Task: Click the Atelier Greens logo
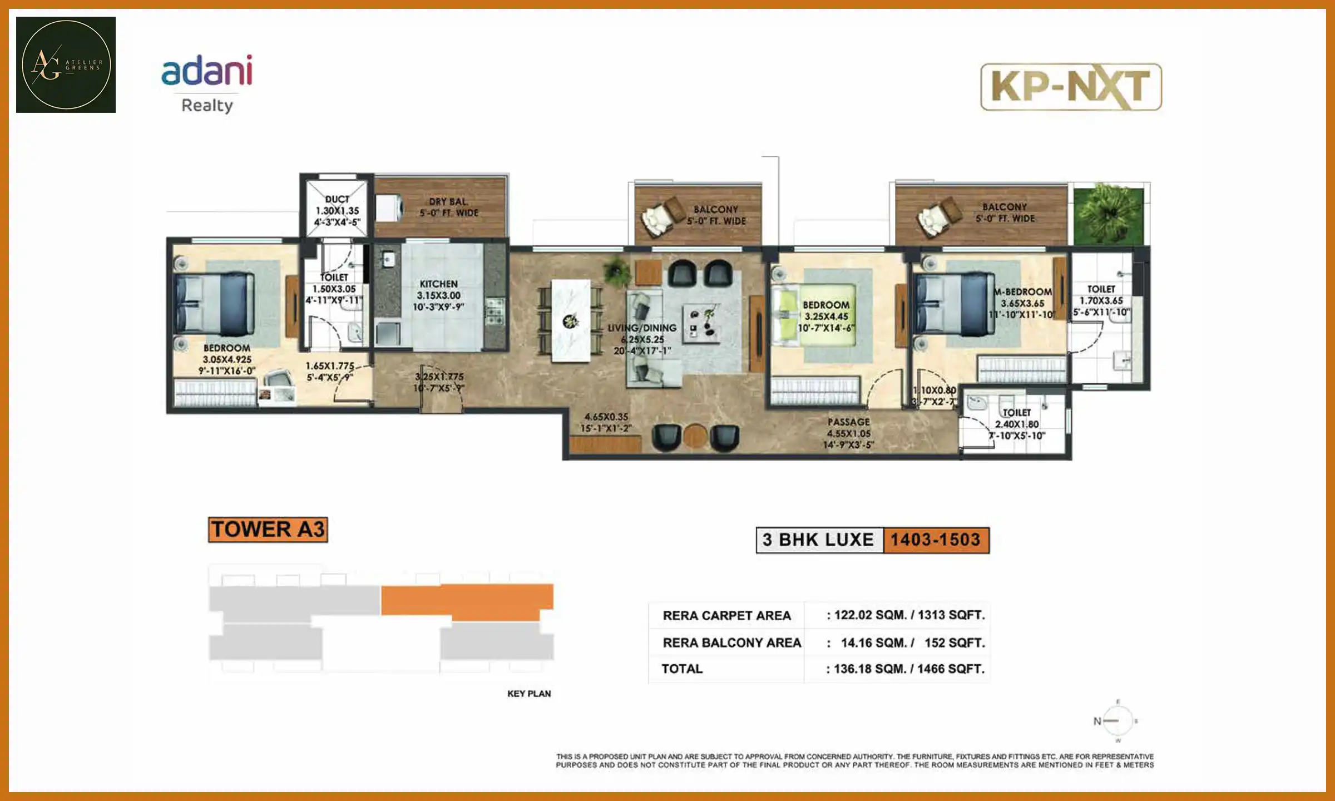[x=66, y=65]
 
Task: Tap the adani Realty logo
[x=207, y=83]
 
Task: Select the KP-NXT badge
[x=1070, y=87]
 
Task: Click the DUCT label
[x=337, y=199]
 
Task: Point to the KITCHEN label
[x=438, y=284]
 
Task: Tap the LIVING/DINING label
[x=642, y=328]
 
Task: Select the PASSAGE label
[x=848, y=422]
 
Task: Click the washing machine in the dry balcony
[x=389, y=208]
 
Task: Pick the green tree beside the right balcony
[x=1108, y=214]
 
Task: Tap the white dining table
[x=570, y=321]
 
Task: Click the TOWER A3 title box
[x=268, y=530]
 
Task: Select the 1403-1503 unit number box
[x=936, y=540]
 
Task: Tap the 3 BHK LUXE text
[x=818, y=540]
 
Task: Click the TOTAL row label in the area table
[x=682, y=669]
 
